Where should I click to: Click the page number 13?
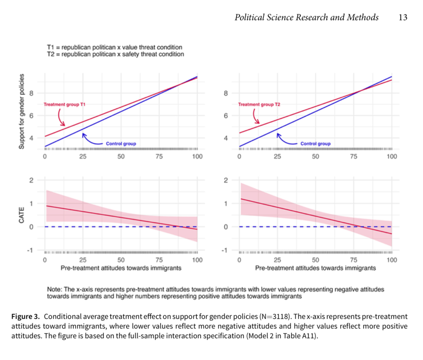click(403, 18)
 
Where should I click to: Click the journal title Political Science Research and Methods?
click(306, 18)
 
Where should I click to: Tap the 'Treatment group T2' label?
click(259, 104)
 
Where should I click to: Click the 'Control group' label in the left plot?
click(121, 143)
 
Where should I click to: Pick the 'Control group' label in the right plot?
click(315, 143)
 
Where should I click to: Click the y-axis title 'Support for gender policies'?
click(22, 112)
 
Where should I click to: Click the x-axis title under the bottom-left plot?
click(121, 268)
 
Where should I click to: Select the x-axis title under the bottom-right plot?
click(315, 268)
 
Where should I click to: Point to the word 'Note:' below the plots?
click(55, 289)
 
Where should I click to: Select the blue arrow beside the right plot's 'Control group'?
click(286, 139)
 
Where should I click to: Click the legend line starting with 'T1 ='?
click(114, 47)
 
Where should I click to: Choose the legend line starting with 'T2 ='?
click(116, 54)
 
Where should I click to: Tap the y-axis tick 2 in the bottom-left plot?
click(31, 180)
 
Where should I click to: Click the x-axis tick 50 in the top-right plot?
click(315, 156)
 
